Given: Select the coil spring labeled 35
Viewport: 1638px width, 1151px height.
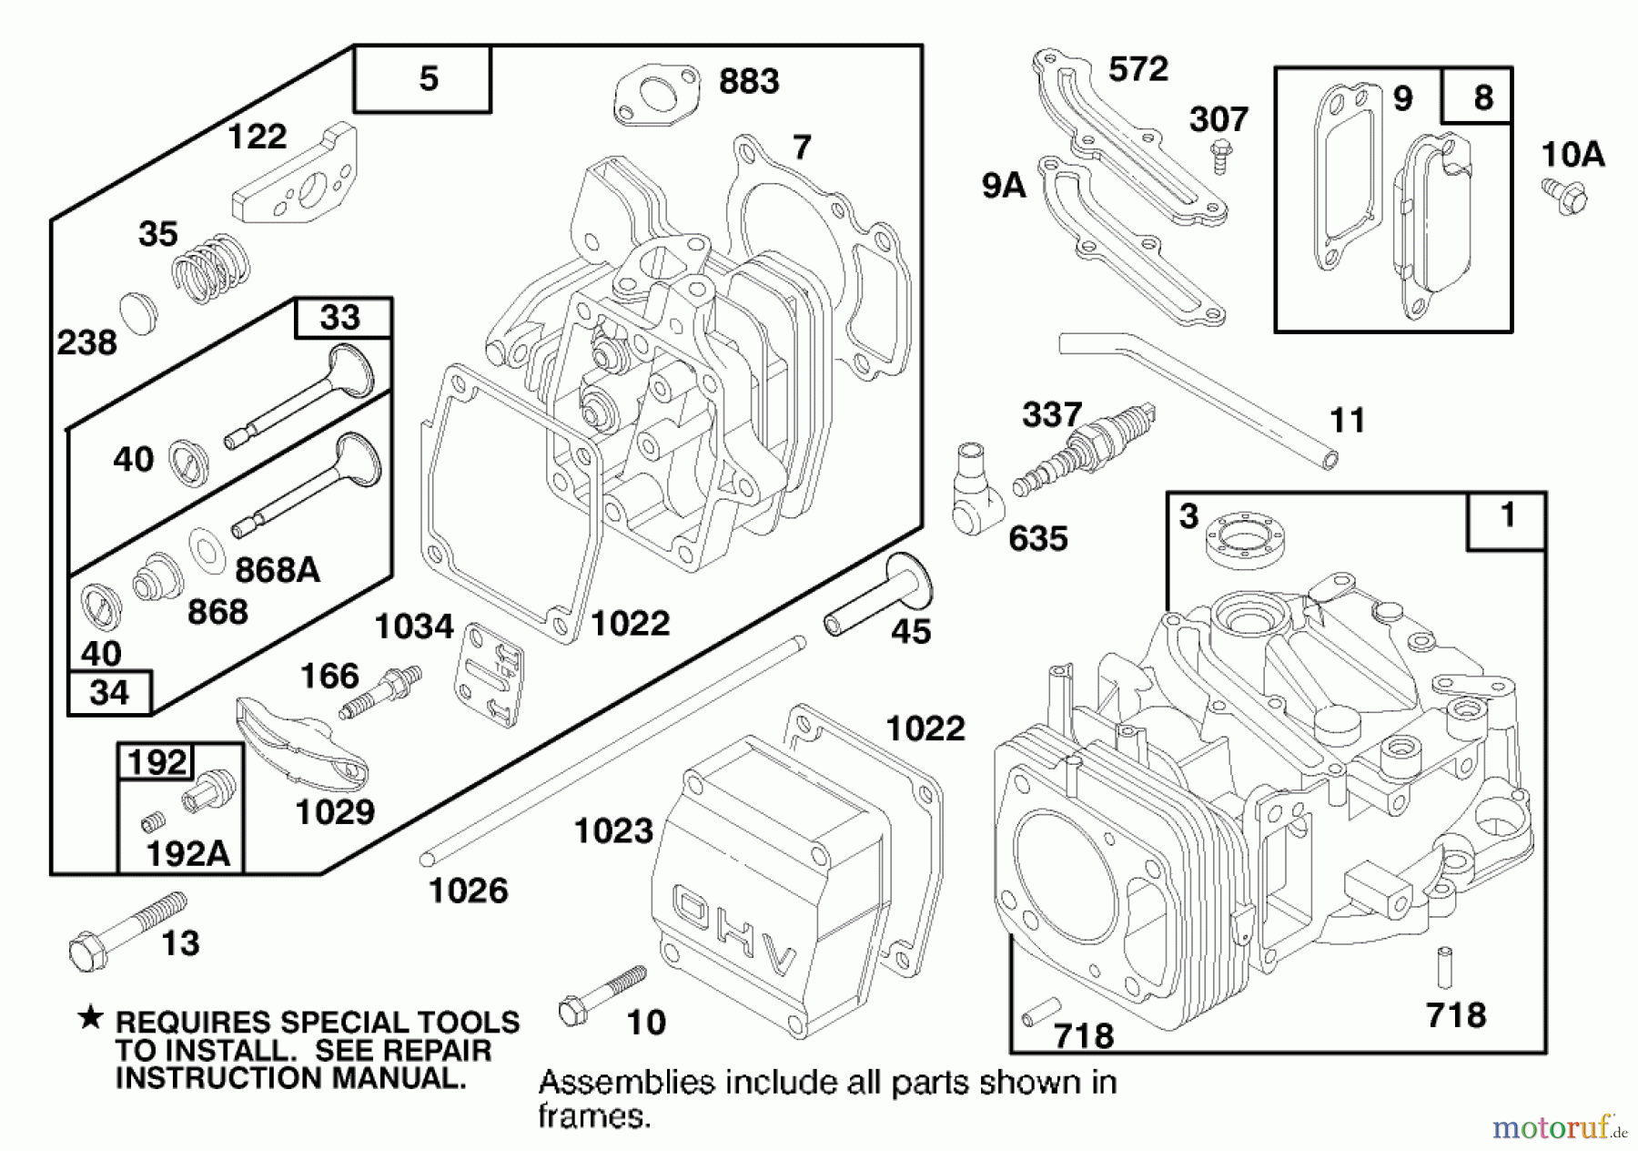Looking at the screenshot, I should click(211, 269).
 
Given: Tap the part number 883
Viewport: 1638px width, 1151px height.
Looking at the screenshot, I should click(749, 81).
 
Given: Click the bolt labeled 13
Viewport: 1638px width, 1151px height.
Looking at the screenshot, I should click(127, 927).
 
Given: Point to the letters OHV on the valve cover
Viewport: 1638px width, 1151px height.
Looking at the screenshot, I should click(733, 930).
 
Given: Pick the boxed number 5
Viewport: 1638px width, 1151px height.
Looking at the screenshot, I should click(427, 79).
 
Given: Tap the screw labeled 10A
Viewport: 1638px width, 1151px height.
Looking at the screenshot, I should click(1564, 196).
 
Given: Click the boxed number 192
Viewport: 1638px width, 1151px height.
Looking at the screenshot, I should click(157, 761).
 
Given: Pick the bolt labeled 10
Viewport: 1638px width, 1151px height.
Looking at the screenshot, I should click(601, 993).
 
